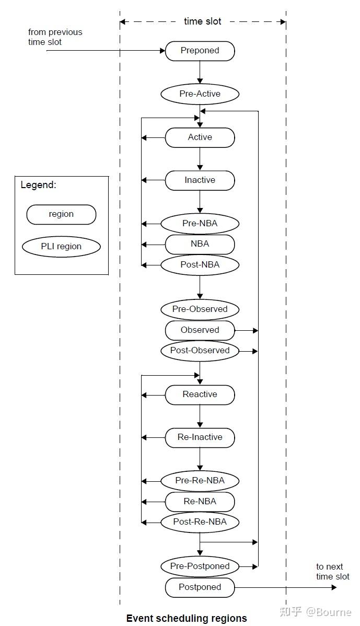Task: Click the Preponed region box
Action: [x=200, y=51]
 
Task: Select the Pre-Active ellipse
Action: [x=200, y=94]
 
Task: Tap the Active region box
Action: [x=200, y=137]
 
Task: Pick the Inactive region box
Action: [x=200, y=180]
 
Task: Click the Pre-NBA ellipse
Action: [x=200, y=224]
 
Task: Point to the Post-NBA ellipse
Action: [x=200, y=265]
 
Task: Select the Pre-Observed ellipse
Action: [x=200, y=309]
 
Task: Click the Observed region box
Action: [x=200, y=330]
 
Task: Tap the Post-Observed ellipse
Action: [x=200, y=351]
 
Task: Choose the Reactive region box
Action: [x=200, y=395]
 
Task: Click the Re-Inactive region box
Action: [x=200, y=437]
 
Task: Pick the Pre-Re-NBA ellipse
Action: [x=200, y=481]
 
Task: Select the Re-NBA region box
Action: [x=200, y=502]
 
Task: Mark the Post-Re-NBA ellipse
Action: [x=200, y=522]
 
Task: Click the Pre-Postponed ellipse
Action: [x=200, y=566]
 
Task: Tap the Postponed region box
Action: [x=200, y=587]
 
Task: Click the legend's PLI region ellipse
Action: [x=62, y=247]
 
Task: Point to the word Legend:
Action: [x=38, y=185]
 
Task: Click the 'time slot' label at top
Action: [x=203, y=21]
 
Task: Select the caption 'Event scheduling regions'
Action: [x=187, y=619]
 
